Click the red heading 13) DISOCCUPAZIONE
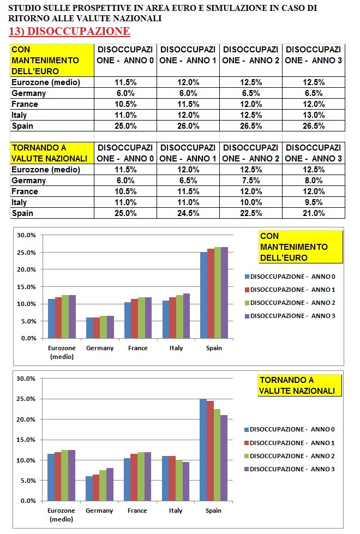click(x=70, y=31)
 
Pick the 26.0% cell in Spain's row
click(x=188, y=126)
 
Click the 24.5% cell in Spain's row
click(x=188, y=213)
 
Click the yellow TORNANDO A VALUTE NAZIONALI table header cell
click(x=51, y=153)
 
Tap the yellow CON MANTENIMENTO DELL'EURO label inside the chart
click(x=300, y=247)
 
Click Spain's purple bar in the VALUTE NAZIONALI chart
click(x=224, y=458)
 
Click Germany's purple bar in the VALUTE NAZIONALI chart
click(x=110, y=484)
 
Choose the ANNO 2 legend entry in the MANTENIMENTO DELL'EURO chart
click(x=289, y=303)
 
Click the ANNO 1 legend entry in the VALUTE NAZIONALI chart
click(x=289, y=443)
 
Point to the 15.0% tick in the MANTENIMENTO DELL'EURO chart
click(x=27, y=287)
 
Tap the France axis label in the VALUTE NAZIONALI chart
click(x=137, y=511)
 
